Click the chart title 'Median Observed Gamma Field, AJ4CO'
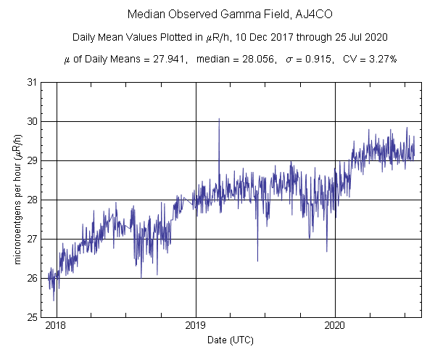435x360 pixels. click(217, 15)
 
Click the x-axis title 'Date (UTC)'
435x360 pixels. click(231, 340)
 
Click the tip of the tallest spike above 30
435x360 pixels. click(219, 118)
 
